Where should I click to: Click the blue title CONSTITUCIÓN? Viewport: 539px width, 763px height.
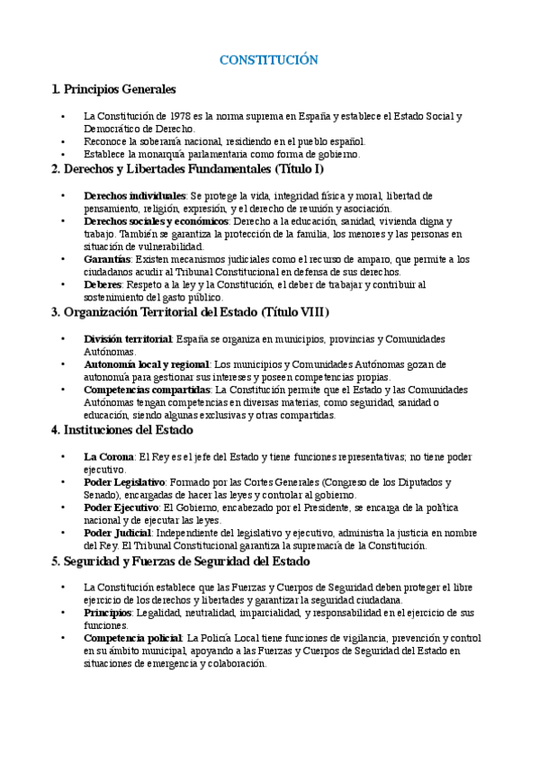pos(269,60)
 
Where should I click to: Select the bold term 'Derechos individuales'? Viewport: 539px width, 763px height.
pos(135,195)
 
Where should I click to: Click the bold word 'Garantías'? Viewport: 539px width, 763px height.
pos(107,259)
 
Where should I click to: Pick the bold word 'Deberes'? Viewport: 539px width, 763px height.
pos(103,284)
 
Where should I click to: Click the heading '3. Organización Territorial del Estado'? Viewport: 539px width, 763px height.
pos(191,312)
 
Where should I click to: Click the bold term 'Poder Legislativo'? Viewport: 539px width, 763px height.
pos(124,482)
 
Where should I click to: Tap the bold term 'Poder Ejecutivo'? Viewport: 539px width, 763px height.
pos(121,507)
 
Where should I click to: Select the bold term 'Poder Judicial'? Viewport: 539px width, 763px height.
pos(118,533)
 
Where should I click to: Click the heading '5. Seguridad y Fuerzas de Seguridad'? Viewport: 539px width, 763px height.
pos(181,561)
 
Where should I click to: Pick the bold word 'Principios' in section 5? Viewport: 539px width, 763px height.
pos(107,612)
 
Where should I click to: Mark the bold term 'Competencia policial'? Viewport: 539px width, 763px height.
pos(132,638)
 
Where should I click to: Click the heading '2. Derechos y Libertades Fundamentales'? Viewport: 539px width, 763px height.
pos(188,168)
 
